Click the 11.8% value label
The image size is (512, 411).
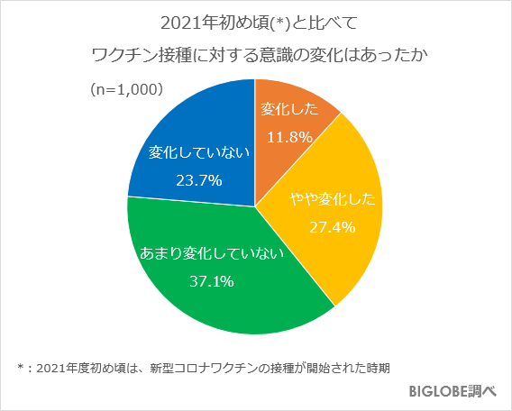(289, 137)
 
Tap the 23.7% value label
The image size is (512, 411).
(199, 180)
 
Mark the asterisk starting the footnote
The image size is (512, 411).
(21, 367)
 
